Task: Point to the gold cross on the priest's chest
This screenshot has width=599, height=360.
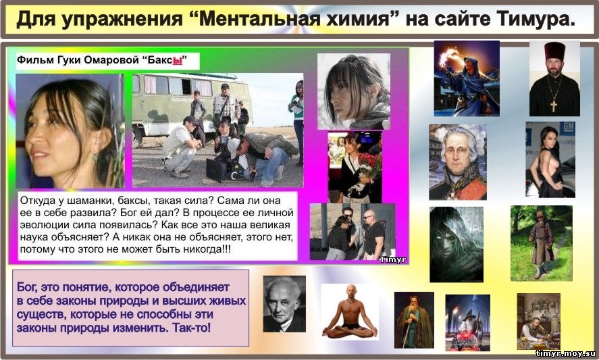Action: (x=554, y=105)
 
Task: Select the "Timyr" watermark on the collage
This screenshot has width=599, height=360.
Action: (x=392, y=260)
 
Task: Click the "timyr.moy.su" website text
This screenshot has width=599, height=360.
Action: (x=565, y=353)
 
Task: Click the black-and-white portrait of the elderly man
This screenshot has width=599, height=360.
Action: (x=284, y=303)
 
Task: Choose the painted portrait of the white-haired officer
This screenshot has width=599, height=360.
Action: (x=458, y=162)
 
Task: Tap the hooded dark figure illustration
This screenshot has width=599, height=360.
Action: (x=456, y=245)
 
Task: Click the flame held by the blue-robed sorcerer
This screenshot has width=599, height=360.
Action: (x=447, y=57)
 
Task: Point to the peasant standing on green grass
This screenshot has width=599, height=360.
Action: (x=540, y=245)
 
